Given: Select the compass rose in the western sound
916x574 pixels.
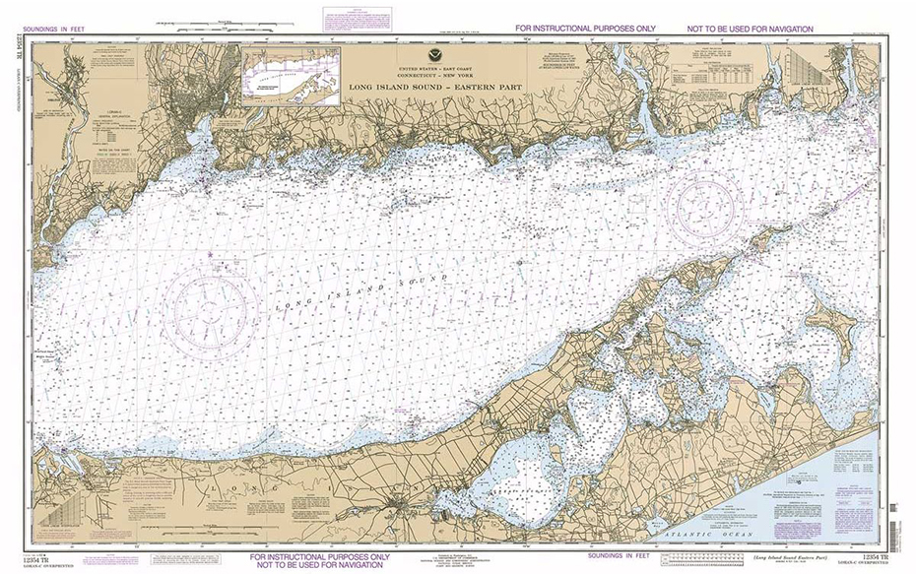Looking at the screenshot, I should pos(211,306).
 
